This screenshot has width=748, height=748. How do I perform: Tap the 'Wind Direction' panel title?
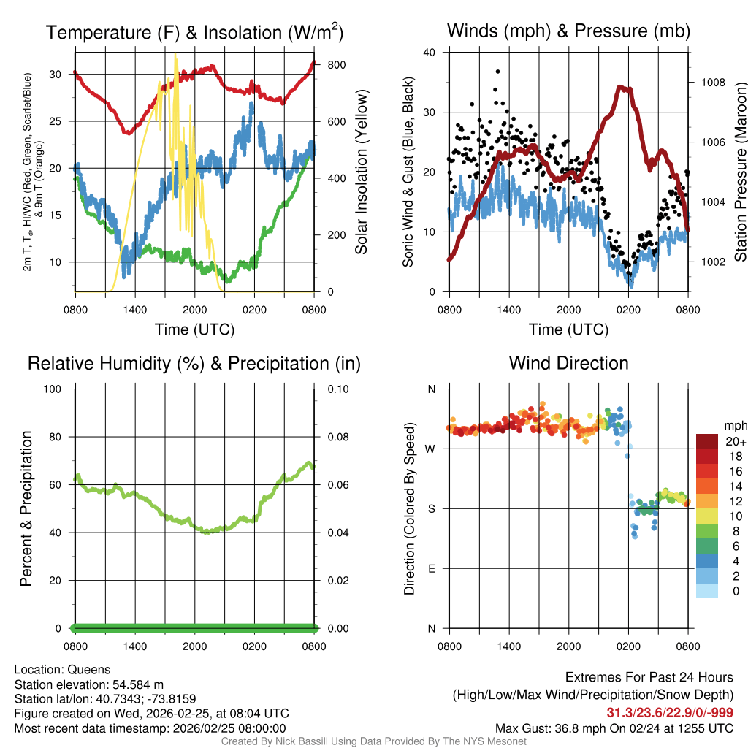(568, 363)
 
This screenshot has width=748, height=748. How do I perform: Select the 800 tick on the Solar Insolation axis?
(337, 64)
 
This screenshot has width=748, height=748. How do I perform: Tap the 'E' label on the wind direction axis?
(431, 568)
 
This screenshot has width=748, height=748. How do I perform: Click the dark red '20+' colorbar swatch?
(707, 441)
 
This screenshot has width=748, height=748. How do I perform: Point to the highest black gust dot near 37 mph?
(497, 72)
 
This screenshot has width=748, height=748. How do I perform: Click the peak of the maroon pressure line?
(622, 87)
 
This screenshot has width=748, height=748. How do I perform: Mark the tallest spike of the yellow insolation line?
(175, 56)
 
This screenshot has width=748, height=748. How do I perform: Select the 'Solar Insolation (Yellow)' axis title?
(361, 172)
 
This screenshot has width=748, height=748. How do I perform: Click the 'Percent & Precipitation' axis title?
(26, 508)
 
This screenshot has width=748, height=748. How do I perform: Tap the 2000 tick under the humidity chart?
(194, 646)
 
